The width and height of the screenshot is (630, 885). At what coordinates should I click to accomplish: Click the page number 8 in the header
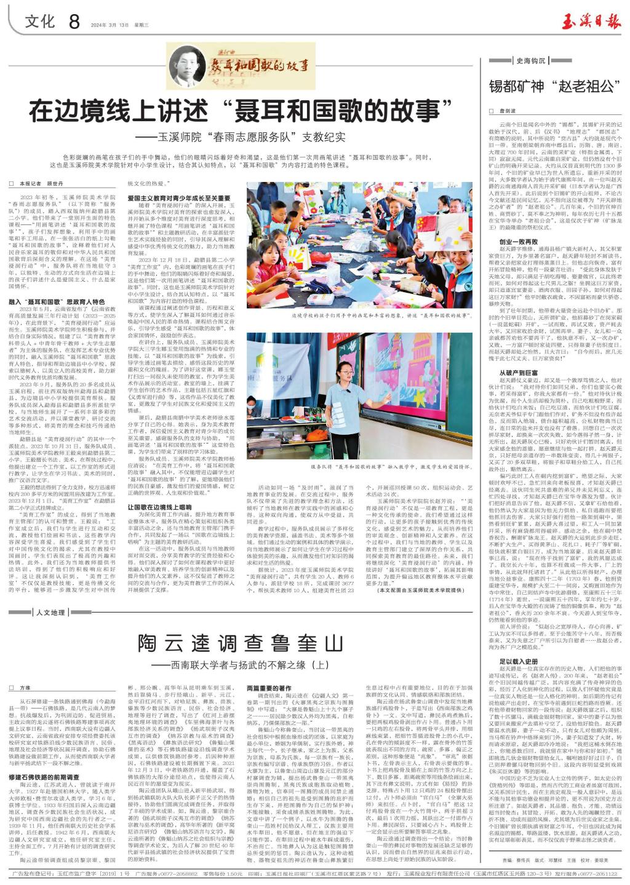point(75,22)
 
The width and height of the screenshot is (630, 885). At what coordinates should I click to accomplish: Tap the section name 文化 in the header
point(41,22)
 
